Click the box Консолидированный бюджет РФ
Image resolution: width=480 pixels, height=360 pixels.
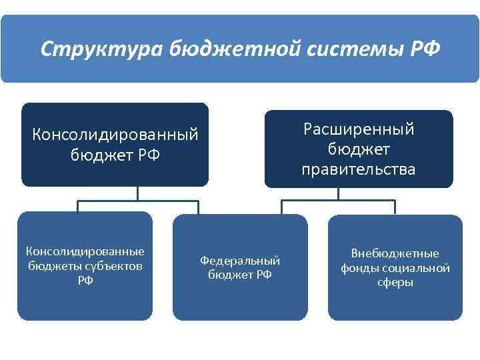point(115,144)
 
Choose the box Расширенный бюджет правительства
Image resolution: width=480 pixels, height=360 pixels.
point(359,148)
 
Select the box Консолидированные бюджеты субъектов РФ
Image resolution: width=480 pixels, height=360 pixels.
point(85,266)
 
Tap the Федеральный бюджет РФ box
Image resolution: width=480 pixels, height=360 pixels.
point(240,267)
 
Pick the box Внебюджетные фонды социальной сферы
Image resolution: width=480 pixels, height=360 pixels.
point(395,267)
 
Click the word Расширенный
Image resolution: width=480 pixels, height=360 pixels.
point(359,129)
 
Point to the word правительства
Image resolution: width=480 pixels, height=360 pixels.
point(359,169)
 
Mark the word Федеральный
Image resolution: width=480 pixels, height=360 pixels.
point(240,260)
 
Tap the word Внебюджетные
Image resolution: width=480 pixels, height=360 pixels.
point(395,253)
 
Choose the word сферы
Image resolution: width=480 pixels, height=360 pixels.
point(395,282)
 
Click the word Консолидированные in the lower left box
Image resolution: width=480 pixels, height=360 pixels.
point(85,251)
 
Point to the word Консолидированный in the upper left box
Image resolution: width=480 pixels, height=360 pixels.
point(115,134)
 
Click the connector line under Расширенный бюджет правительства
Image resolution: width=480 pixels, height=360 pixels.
point(339,199)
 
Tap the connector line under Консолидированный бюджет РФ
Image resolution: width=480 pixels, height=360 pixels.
point(138,199)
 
